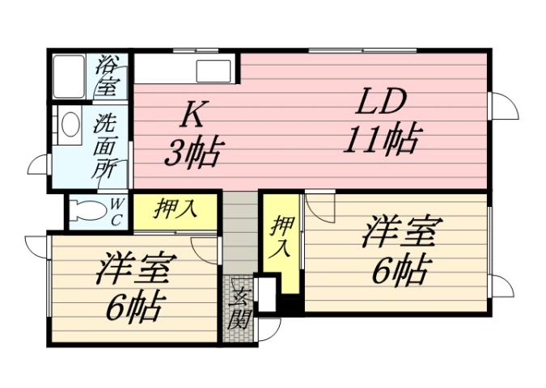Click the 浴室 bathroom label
pos(107,76)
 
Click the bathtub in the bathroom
pos(70,76)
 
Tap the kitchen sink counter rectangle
pos(213,70)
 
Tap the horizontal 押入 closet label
pos(176,209)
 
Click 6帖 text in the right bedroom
pos(398,272)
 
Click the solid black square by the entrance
pos(290,304)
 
